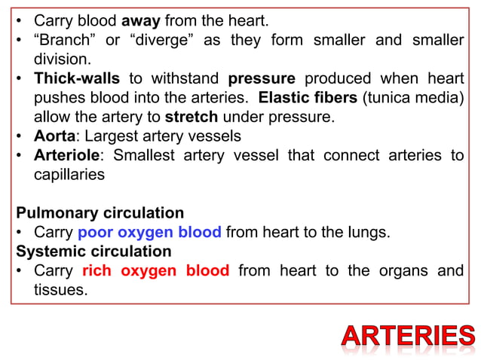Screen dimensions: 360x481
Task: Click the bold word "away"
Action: (x=140, y=20)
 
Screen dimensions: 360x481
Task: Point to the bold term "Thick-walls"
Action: (x=76, y=79)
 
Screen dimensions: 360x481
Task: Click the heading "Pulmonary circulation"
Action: (x=100, y=213)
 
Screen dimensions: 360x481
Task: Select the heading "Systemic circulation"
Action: (x=93, y=251)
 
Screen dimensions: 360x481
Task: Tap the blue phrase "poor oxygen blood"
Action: (x=149, y=232)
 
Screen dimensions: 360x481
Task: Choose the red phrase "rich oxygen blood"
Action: (x=155, y=270)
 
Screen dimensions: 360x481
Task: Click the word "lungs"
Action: (x=369, y=232)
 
